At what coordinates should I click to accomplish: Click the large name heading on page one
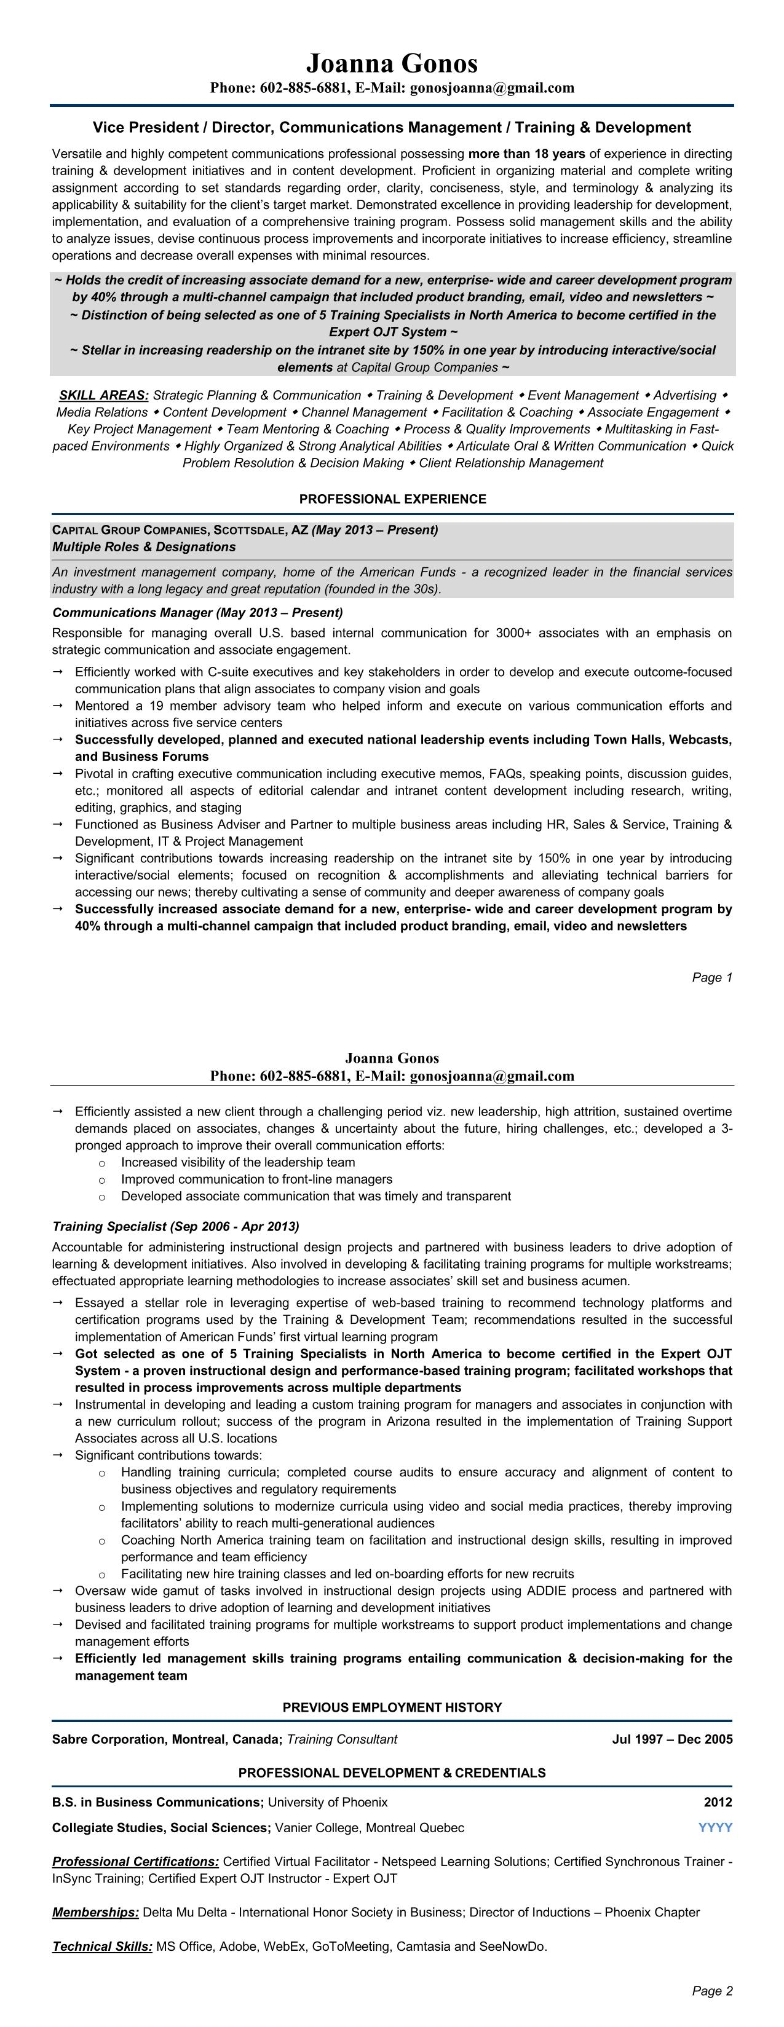coord(391,63)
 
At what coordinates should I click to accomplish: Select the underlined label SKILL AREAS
coord(104,395)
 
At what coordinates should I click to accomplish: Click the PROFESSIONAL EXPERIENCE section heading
coord(392,499)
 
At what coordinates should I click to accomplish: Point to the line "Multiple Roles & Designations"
coord(143,547)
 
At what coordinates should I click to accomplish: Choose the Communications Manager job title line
coord(197,612)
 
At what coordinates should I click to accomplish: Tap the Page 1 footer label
coord(711,977)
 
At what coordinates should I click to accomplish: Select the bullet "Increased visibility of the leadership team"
coord(238,1162)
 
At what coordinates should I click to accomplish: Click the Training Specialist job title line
coord(175,1226)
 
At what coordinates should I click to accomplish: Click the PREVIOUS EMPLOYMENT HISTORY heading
coord(392,1707)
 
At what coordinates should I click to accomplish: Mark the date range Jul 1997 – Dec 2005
coord(671,1739)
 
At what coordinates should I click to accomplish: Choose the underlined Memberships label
coord(95,1912)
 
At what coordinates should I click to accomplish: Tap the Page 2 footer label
coord(711,1991)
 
